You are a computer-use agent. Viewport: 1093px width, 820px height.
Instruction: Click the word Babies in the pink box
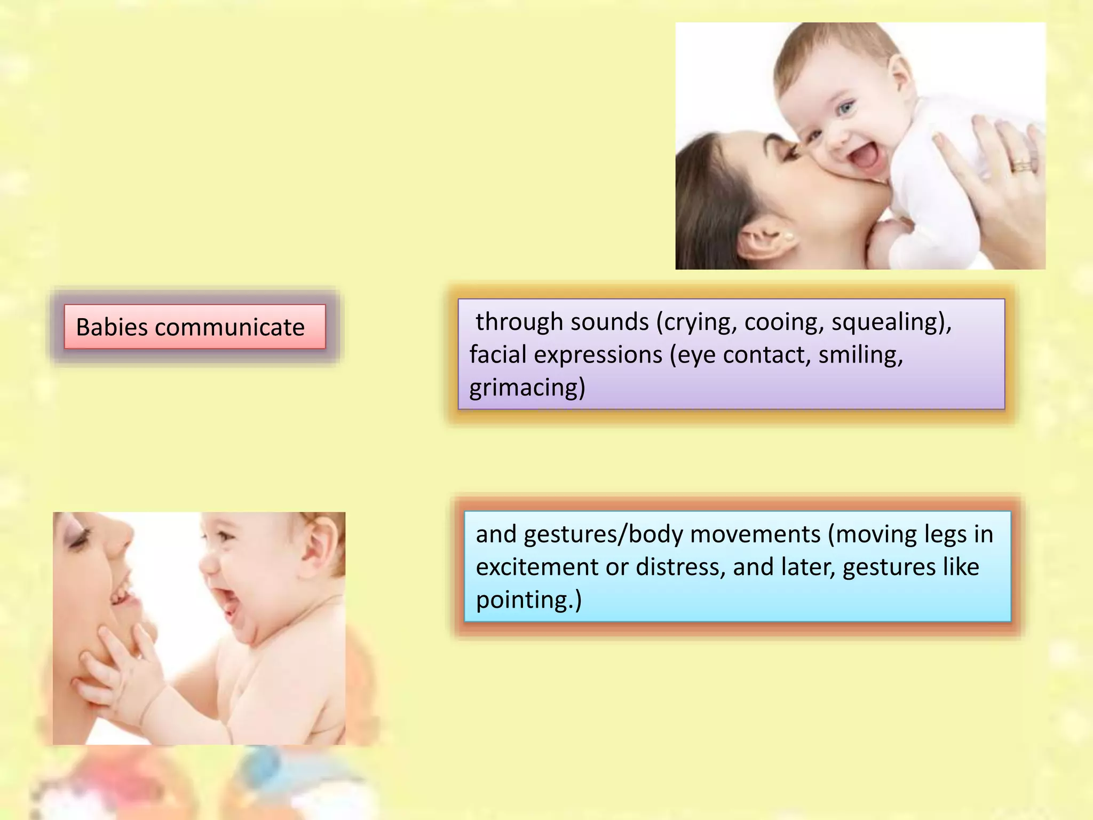pyautogui.click(x=112, y=327)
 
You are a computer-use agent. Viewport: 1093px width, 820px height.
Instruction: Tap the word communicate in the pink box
pyautogui.click(x=229, y=327)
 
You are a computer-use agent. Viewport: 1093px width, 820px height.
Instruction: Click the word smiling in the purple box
pyautogui.click(x=860, y=355)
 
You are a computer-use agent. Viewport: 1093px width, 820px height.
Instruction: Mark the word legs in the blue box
pyautogui.click(x=936, y=534)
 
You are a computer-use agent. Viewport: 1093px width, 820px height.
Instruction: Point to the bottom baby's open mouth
pyautogui.click(x=231, y=603)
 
